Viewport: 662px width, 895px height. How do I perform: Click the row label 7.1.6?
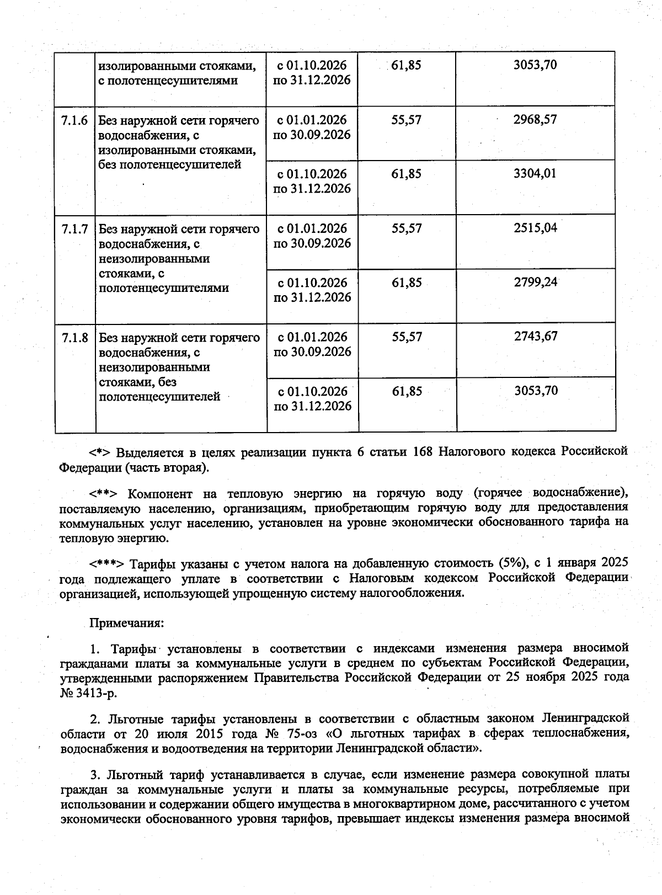tap(74, 120)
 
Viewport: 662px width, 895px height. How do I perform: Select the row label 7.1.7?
tap(74, 229)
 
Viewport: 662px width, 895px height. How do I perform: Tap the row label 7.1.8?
tap(74, 338)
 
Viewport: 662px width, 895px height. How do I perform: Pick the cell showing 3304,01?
tap(535, 174)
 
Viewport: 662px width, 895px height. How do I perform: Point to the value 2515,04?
tap(536, 228)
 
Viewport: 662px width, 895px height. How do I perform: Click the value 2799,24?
tap(536, 283)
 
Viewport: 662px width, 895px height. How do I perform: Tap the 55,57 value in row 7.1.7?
tap(407, 228)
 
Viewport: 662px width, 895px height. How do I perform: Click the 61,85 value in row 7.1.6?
tap(407, 174)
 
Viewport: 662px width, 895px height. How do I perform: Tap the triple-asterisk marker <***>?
tap(109, 564)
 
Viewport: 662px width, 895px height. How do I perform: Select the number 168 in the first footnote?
tap(423, 452)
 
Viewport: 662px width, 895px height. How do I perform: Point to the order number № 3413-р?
tap(88, 692)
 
